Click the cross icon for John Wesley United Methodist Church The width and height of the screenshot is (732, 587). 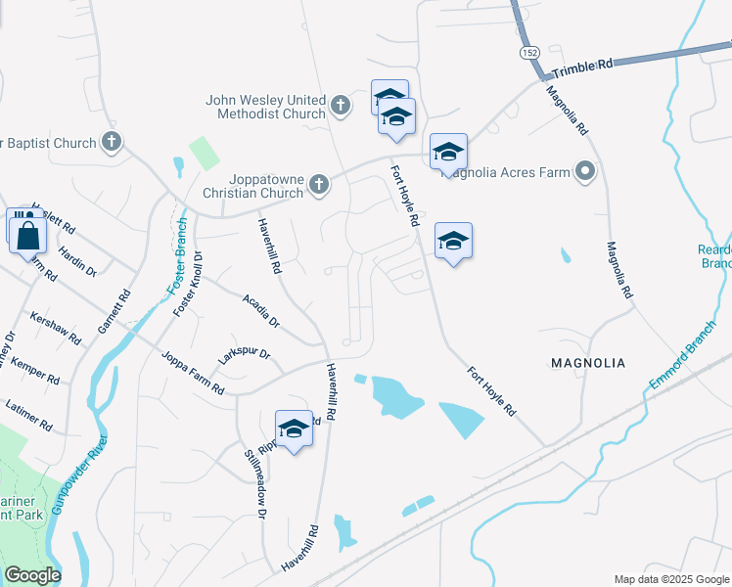(340, 106)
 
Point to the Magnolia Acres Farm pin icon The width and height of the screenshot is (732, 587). (585, 172)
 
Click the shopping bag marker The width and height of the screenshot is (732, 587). (27, 235)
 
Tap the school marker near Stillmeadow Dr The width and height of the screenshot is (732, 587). (294, 428)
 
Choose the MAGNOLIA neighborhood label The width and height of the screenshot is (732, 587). (587, 363)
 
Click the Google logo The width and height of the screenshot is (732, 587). (32, 575)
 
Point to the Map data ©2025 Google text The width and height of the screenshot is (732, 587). (671, 579)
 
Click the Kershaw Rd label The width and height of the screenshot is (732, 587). (55, 328)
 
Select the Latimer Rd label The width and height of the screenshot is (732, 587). (28, 413)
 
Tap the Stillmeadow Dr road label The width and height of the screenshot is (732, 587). (256, 483)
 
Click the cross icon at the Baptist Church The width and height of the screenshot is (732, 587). (112, 142)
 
